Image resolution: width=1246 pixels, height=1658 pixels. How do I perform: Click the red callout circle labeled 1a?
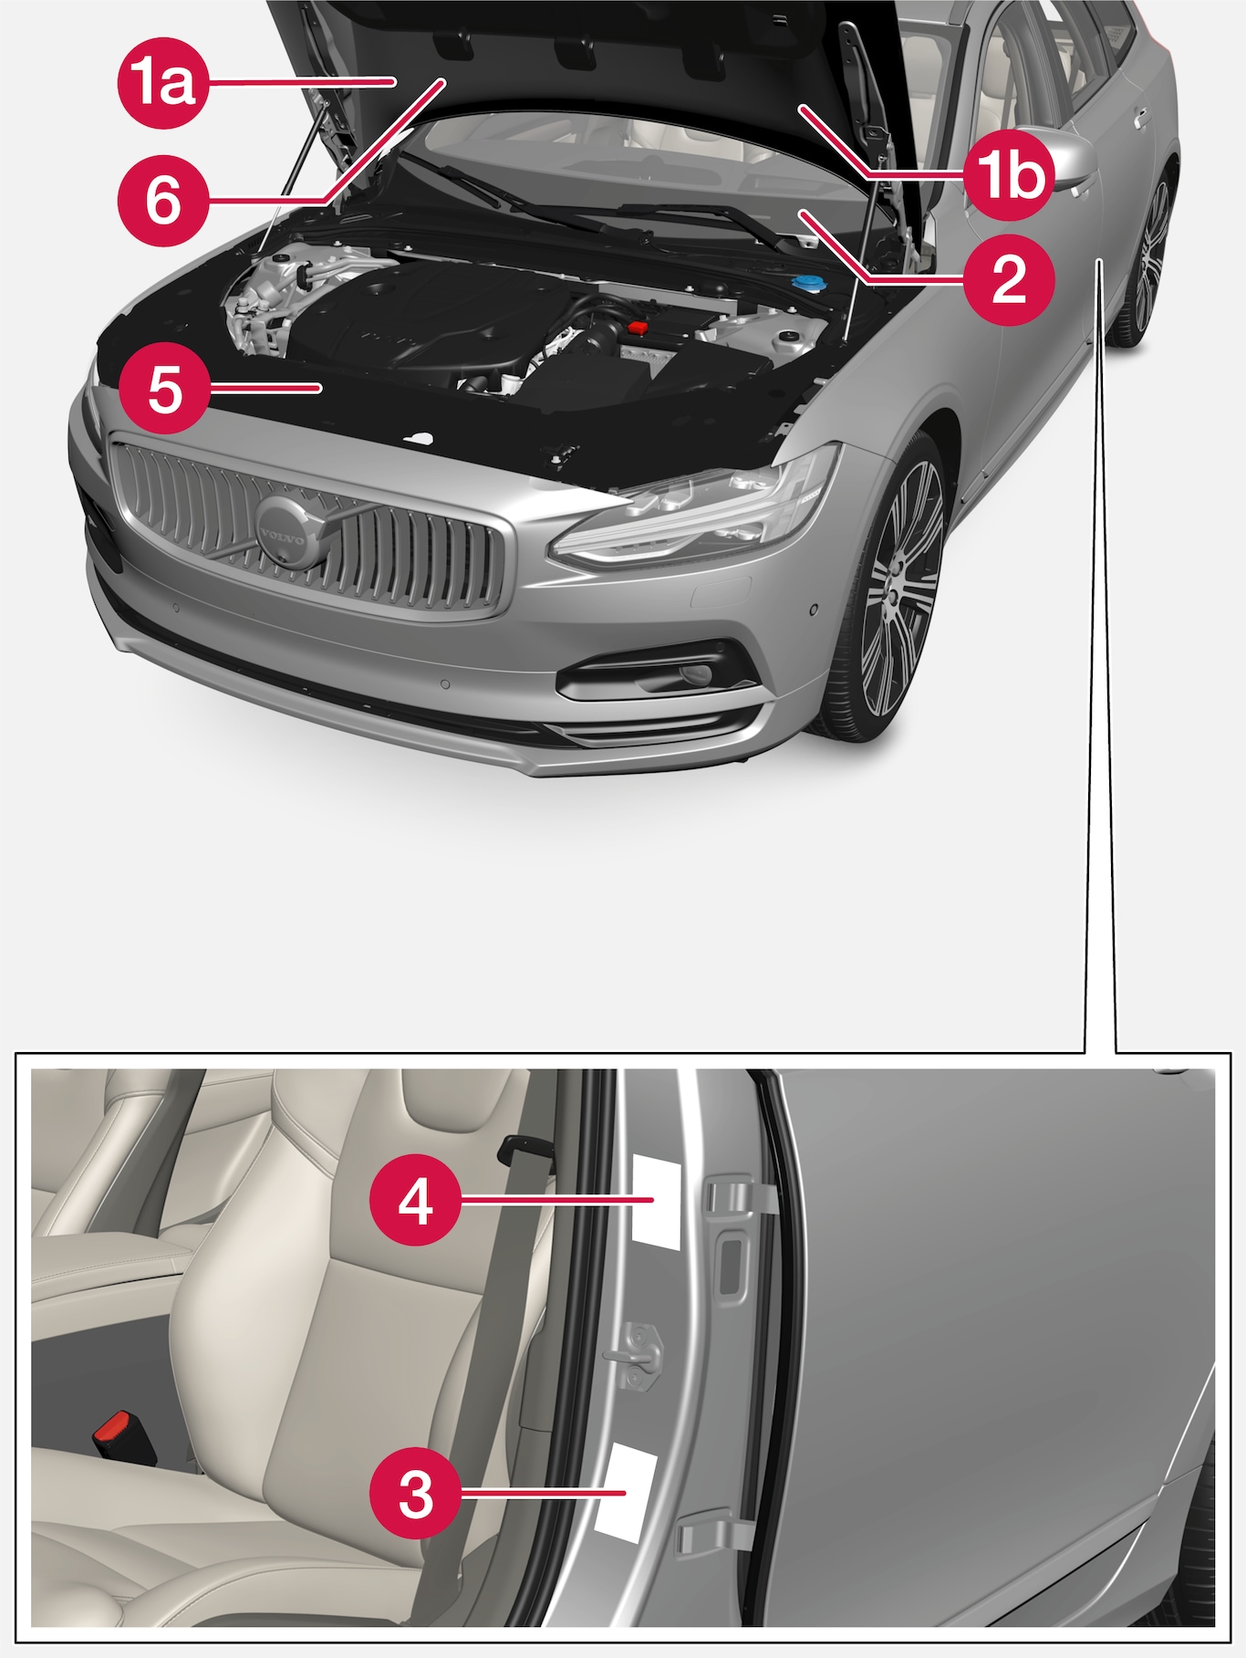click(x=162, y=83)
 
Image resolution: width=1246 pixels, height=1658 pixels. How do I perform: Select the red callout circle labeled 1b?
click(x=1009, y=174)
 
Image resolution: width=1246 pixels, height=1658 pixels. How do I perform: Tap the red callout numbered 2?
click(x=1009, y=278)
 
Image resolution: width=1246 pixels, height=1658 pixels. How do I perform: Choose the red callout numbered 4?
click(x=415, y=1200)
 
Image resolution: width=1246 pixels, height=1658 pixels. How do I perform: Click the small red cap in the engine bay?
click(x=638, y=326)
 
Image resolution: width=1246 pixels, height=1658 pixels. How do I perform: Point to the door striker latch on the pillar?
click(x=638, y=1353)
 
